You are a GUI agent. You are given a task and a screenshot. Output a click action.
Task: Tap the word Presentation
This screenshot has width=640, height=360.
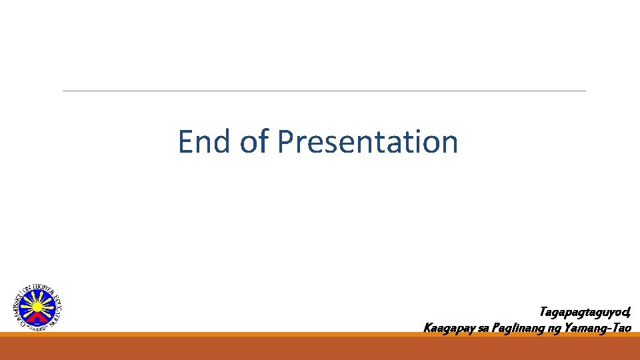(x=368, y=142)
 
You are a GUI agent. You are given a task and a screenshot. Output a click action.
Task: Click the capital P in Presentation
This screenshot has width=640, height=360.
(x=285, y=142)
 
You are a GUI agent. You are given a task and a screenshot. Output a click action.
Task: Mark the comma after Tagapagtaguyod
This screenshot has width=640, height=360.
(x=629, y=313)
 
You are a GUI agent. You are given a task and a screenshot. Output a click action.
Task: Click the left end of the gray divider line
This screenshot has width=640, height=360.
(x=64, y=91)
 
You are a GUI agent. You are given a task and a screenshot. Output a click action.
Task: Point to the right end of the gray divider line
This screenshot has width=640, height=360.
(x=585, y=91)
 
